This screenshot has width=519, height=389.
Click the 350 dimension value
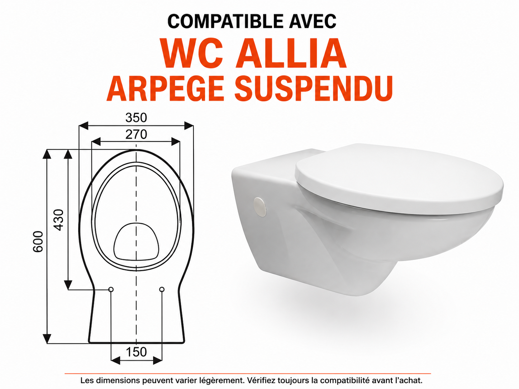(x=136, y=117)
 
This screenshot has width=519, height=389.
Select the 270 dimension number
(x=136, y=134)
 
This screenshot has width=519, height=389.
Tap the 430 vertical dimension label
(x=59, y=220)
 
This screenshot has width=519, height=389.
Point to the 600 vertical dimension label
(x=38, y=242)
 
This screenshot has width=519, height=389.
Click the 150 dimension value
(x=137, y=352)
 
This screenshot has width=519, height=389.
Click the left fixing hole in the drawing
(x=111, y=289)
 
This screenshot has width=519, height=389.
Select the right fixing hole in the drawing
(x=162, y=289)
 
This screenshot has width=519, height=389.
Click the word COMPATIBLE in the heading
(x=225, y=21)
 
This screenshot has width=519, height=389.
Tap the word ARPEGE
(x=165, y=88)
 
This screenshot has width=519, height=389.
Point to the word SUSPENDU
(x=314, y=88)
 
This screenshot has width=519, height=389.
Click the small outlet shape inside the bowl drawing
(x=136, y=241)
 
